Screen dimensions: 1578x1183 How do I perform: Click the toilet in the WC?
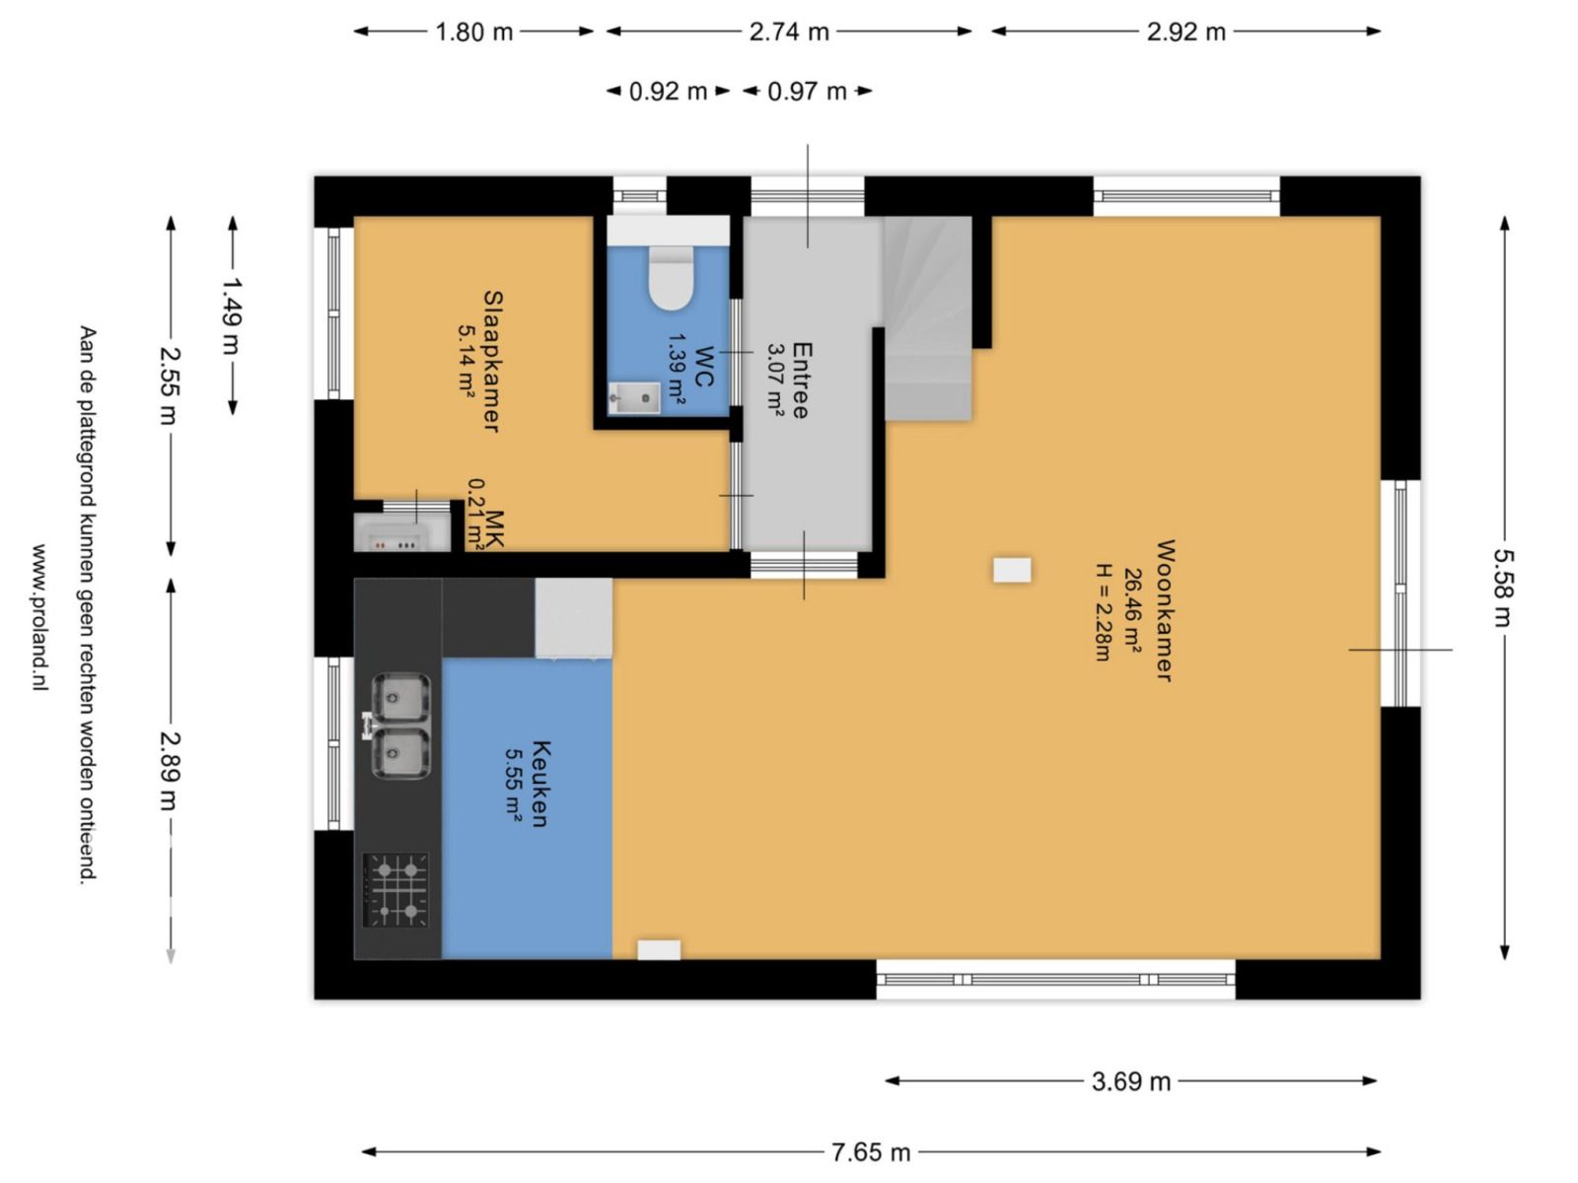point(670,277)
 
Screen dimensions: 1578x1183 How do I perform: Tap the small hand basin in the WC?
point(634,398)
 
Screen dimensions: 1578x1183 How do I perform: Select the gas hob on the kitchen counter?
point(395,890)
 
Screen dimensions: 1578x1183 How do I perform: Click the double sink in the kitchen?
point(399,726)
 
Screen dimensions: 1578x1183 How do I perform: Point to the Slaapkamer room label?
point(492,361)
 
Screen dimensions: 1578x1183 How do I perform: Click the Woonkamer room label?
point(1165,610)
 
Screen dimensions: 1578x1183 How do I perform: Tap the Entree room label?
point(802,380)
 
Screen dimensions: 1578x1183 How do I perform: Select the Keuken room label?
point(540,784)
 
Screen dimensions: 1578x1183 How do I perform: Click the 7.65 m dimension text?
point(871,1152)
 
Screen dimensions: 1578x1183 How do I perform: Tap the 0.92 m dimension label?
point(668,92)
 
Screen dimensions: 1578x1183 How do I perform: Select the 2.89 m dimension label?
point(170,771)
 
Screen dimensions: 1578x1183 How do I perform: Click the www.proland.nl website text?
point(40,617)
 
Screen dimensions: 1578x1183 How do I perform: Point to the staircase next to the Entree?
point(927,318)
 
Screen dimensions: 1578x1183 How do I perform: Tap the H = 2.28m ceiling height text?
point(1103,612)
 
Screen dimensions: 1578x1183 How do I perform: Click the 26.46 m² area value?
point(1132,612)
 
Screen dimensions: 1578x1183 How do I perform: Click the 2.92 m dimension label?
point(1185,32)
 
